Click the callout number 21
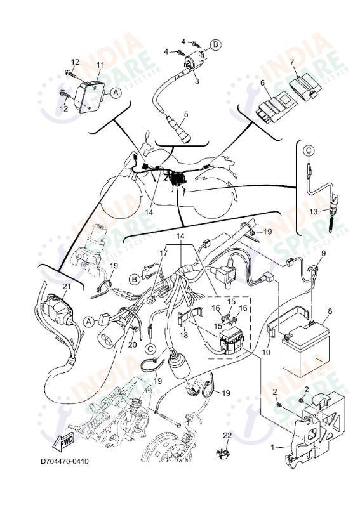tap(67, 287)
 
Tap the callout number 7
tap(291, 62)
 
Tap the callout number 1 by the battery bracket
tap(273, 447)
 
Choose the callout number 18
tap(184, 334)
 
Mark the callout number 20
tap(133, 344)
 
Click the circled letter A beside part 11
tap(115, 92)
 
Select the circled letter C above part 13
tap(307, 150)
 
